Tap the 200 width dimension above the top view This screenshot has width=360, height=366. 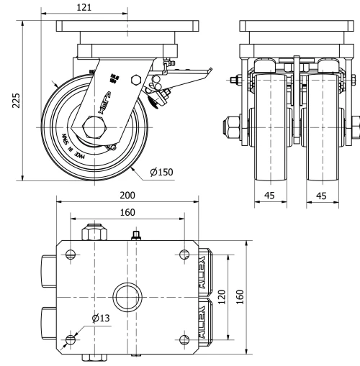127,195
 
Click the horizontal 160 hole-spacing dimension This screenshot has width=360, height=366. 127,212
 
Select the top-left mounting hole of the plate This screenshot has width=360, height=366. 70,253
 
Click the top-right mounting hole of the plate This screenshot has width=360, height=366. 184,253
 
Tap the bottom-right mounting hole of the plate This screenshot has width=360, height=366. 184,339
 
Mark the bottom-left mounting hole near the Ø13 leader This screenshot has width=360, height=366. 70,339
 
